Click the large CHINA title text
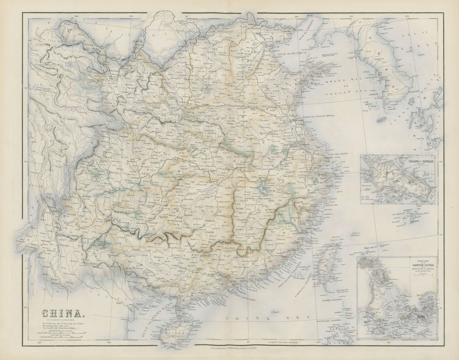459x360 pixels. coord(61,313)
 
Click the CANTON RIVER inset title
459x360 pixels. coord(397,264)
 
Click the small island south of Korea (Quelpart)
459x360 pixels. coord(381,119)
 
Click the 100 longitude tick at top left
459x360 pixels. coord(76,17)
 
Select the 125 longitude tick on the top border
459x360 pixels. coord(352,17)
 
